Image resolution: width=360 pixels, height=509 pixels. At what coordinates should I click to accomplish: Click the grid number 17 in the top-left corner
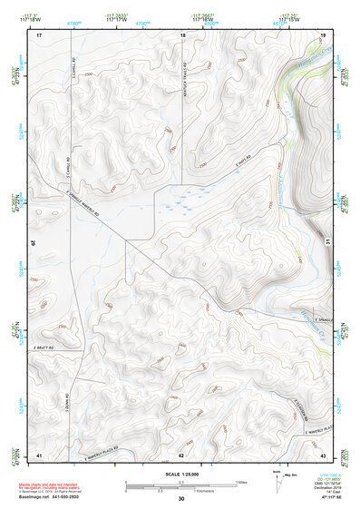coord(39,34)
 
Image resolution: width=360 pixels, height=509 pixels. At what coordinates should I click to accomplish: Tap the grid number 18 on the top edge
coord(182,34)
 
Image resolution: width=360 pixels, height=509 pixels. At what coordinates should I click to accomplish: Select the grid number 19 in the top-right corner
coord(323,34)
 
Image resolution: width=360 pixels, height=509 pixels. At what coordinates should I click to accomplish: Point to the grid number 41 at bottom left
coord(39,454)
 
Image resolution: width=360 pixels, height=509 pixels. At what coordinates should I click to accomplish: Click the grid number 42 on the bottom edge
coord(181,454)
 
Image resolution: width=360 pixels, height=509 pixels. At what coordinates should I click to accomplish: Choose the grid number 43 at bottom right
coord(323,454)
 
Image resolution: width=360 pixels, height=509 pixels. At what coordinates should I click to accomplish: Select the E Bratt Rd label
coord(45,347)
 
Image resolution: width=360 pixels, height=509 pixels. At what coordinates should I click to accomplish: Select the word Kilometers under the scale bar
coord(194,492)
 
